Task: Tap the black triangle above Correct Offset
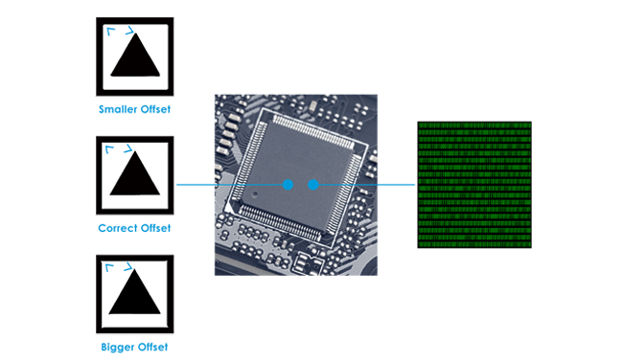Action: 134,175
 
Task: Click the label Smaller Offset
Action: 134,109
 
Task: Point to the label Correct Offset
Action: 134,228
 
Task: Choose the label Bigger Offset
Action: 134,347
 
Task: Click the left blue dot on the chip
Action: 288,184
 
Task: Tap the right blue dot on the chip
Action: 312,184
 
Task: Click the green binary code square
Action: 473,185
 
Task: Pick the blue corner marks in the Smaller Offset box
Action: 120,32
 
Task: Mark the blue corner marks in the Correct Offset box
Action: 120,150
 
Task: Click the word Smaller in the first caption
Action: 116,109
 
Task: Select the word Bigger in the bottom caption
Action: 117,347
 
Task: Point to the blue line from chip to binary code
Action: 369,184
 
